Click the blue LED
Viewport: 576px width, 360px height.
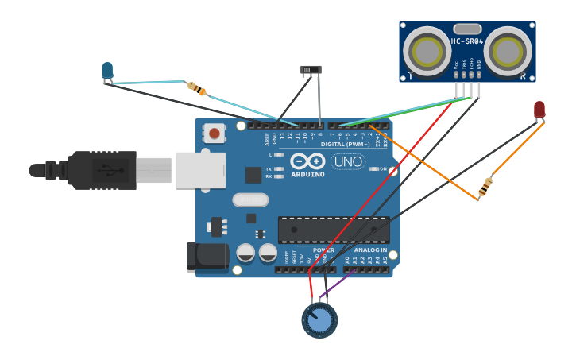click(107, 71)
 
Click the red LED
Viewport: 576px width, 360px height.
click(539, 109)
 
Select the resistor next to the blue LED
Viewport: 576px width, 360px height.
click(196, 88)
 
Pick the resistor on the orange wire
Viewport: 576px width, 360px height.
click(485, 187)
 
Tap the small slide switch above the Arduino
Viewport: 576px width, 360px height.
click(311, 71)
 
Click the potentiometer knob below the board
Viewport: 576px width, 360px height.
click(319, 320)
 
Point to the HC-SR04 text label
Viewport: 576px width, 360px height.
click(467, 41)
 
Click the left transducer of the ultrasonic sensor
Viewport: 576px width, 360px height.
click(427, 52)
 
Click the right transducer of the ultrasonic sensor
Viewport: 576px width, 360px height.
click(508, 52)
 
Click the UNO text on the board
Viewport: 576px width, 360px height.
click(347, 161)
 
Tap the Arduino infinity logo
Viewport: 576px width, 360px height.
click(307, 161)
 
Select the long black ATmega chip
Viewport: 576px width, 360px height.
click(333, 230)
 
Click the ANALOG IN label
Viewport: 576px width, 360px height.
click(371, 250)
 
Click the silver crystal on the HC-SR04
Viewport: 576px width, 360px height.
click(467, 29)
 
